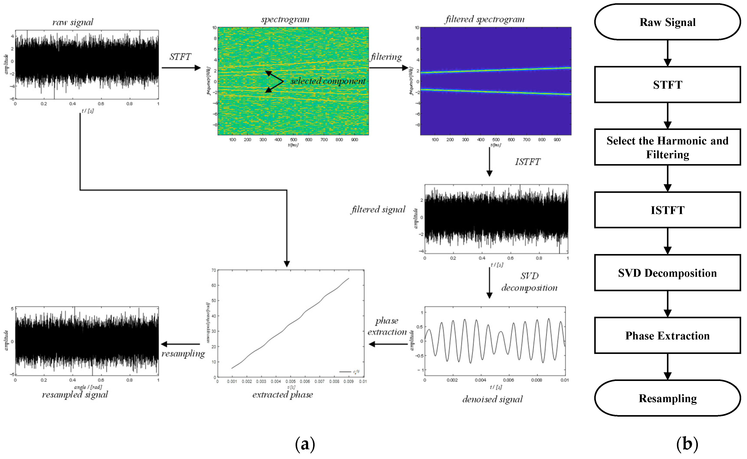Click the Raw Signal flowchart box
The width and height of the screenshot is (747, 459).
tap(667, 22)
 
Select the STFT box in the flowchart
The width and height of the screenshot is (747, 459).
tap(667, 85)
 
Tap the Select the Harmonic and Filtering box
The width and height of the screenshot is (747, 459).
tap(667, 147)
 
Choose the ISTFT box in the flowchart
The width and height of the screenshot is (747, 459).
tap(667, 210)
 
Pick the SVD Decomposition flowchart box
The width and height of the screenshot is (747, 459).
tap(667, 273)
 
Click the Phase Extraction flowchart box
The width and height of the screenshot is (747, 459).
tap(667, 336)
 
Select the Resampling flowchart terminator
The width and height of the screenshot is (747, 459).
tap(667, 398)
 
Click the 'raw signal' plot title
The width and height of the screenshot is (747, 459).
tap(73, 22)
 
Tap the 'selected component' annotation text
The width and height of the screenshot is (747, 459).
tap(328, 81)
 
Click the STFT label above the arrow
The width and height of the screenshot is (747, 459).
tap(180, 57)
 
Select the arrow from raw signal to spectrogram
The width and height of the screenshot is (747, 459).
tap(181, 68)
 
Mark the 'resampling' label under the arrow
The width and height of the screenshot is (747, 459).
tap(183, 354)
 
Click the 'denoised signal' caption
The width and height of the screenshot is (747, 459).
tap(493, 399)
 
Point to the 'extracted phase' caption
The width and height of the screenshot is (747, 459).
tap(283, 395)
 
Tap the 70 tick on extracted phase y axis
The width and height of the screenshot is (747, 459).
tap(214, 270)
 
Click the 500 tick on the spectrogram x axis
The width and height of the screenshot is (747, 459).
tap(293, 140)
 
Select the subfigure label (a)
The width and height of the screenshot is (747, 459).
tap(305, 444)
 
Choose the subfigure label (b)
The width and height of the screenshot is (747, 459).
tap(687, 444)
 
